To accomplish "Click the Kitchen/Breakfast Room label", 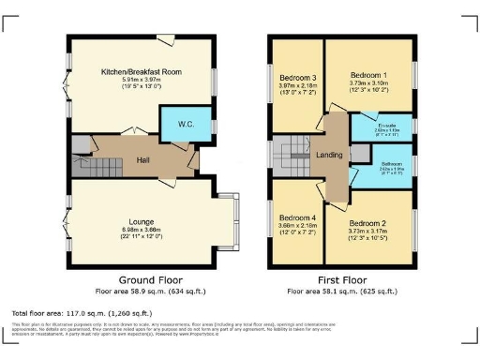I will pyautogui.click(x=141, y=72).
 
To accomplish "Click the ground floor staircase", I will pyautogui.click(x=87, y=168).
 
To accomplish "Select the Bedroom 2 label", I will pyautogui.click(x=367, y=225).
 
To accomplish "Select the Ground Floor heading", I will pyautogui.click(x=142, y=280).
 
